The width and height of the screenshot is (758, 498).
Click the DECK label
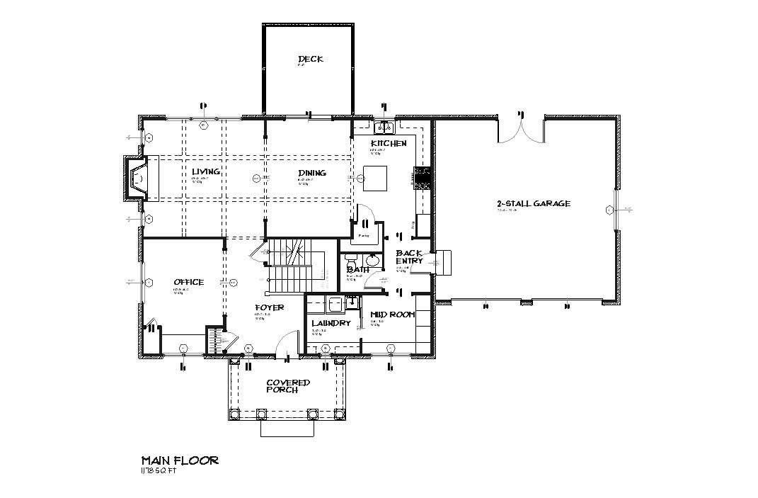310,59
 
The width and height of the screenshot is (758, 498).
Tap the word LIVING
205,171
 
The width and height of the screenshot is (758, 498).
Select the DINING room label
311,172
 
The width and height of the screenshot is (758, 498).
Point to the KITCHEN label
389,144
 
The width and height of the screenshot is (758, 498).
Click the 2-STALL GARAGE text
533,203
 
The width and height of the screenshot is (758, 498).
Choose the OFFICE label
188,282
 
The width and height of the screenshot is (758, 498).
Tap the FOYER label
270,307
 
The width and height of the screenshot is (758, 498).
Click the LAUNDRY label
331,323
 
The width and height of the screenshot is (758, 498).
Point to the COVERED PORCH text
287,386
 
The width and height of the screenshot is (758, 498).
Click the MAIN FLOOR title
180,460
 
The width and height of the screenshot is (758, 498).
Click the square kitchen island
375,177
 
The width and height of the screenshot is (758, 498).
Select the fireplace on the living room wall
137,177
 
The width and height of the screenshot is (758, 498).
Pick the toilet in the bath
353,260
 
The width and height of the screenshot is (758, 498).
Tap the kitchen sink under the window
385,128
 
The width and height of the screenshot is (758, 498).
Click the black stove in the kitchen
423,177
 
